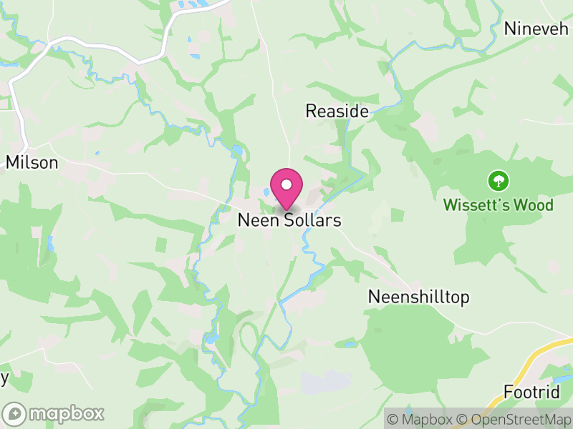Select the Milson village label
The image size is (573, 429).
[x=32, y=163]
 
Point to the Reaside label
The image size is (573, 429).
[x=337, y=112]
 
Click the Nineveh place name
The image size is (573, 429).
[x=536, y=29]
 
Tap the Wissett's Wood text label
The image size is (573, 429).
[x=498, y=206]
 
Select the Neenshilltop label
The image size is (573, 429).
[x=418, y=297]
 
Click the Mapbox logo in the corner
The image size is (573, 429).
[x=54, y=414]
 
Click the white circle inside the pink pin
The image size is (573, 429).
[x=286, y=185]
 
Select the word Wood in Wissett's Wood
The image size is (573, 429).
[x=535, y=206]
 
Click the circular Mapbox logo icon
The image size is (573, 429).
[x=14, y=414]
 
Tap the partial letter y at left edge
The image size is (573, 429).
[x=4, y=378]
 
